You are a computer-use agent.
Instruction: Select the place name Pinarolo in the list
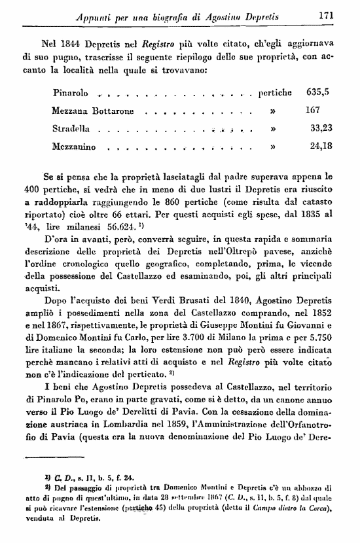[x=70, y=93]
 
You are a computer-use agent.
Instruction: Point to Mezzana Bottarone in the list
[x=92, y=111]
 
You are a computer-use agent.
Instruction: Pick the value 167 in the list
[x=312, y=111]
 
